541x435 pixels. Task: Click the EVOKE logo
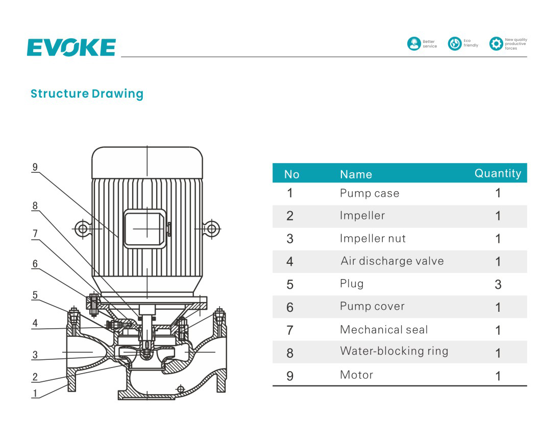71,48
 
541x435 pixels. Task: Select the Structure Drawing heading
87,94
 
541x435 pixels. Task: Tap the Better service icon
413,44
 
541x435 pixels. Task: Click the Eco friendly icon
454,44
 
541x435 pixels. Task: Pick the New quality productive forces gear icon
496,44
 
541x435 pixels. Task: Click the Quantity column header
498,173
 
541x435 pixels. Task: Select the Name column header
356,174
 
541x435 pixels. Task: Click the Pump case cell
370,193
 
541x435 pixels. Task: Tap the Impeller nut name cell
373,238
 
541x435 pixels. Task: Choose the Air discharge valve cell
392,261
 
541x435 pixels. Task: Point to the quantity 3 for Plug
498,284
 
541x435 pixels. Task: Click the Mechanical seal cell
384,330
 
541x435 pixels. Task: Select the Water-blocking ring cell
394,351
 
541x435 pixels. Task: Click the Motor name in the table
356,375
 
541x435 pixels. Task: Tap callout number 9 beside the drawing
35,167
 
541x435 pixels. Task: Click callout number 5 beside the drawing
35,295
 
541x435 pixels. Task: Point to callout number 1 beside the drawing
35,393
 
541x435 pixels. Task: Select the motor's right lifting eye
212,228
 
